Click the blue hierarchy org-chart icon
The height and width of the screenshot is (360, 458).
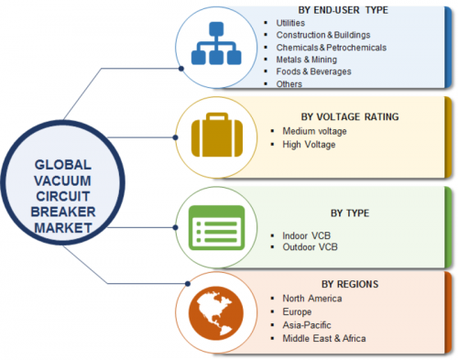click(216, 43)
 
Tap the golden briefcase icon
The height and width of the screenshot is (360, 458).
click(217, 135)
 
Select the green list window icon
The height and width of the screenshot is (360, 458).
click(216, 228)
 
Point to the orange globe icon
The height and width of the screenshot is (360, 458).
click(216, 313)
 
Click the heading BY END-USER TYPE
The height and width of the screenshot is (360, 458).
click(343, 10)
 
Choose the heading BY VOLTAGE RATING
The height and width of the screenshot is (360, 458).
click(350, 116)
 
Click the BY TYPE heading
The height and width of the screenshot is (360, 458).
click(350, 213)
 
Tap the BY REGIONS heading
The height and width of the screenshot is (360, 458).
click(350, 284)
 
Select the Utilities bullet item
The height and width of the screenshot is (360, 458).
click(290, 23)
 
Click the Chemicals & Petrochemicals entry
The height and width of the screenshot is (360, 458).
click(332, 48)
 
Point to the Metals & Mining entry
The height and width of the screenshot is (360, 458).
click(307, 60)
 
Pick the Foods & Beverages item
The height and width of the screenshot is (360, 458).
click(313, 71)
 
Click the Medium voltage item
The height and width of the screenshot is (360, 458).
click(314, 131)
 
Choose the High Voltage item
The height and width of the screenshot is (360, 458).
click(309, 145)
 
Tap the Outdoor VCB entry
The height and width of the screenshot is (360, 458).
click(310, 246)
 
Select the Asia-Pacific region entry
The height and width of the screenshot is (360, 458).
click(307, 325)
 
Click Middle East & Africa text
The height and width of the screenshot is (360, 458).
click(324, 338)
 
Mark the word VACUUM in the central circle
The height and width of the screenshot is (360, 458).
click(62, 180)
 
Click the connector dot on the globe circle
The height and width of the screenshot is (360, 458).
click(188, 284)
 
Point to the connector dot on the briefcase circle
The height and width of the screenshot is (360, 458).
click(175, 137)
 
